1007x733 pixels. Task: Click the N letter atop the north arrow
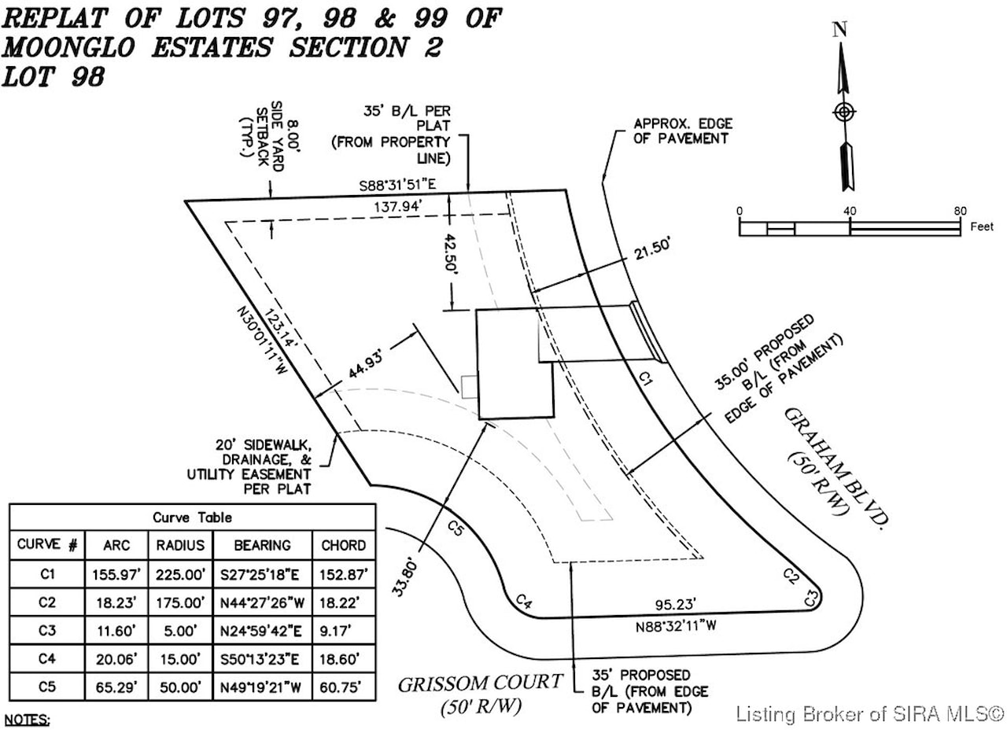839,30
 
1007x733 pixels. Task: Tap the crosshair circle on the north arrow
844,112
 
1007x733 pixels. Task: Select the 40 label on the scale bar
850,212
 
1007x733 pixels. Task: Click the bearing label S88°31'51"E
397,185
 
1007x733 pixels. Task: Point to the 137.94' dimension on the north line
398,207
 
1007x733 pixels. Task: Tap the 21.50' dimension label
652,249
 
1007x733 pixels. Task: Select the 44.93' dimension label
366,364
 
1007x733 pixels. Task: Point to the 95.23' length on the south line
675,605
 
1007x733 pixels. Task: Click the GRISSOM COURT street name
480,683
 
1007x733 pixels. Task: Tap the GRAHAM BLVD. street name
836,467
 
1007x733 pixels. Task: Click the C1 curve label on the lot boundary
646,378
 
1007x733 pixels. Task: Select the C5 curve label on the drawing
455,528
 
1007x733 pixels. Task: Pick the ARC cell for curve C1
116,574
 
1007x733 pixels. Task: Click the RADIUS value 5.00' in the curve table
180,631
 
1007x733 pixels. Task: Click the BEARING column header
263,546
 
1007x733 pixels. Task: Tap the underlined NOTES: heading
27,720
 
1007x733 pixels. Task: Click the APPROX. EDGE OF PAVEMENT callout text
683,131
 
